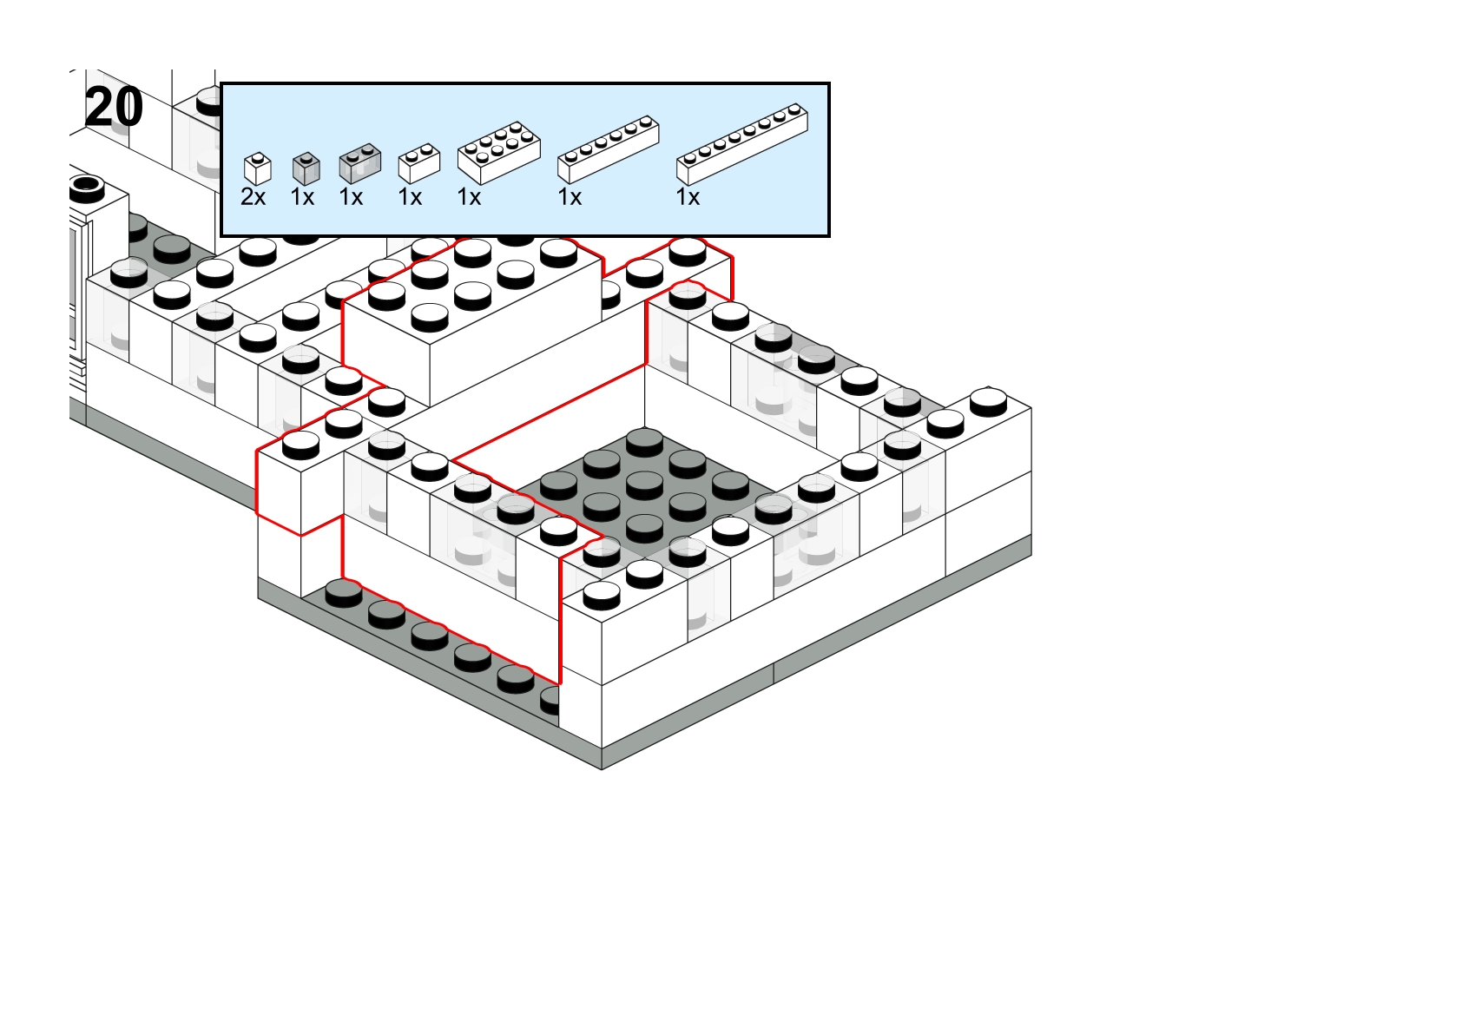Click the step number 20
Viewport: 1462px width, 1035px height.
click(x=115, y=107)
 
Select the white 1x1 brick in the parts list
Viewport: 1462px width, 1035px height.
click(x=257, y=169)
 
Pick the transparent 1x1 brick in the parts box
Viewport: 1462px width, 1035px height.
click(x=306, y=168)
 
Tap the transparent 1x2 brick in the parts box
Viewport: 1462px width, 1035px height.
click(x=359, y=163)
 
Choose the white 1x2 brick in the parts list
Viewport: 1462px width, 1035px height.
click(x=419, y=163)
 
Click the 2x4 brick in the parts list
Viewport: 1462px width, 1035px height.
click(x=498, y=153)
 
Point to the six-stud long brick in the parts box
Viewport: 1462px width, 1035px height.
click(x=608, y=149)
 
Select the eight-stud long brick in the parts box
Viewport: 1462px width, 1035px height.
click(x=741, y=144)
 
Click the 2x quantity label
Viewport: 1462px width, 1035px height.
click(x=254, y=197)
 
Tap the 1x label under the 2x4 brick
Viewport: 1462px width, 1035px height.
click(x=470, y=197)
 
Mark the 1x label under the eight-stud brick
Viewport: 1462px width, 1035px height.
click(x=688, y=197)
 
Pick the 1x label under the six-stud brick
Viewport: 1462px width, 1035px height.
click(x=570, y=197)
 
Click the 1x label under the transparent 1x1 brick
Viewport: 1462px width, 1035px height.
click(x=302, y=197)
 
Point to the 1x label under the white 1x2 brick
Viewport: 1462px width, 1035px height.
click(x=411, y=197)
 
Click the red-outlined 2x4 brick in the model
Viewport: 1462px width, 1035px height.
click(x=471, y=320)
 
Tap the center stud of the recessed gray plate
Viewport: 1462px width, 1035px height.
click(x=644, y=486)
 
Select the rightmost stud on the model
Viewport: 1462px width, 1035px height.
click(x=988, y=400)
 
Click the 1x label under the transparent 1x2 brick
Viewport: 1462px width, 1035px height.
click(x=351, y=197)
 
